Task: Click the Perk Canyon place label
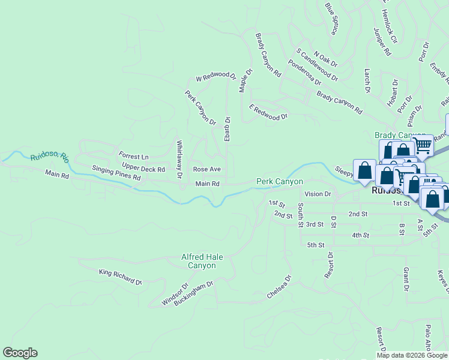coord(279,181)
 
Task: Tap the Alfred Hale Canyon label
coord(202,261)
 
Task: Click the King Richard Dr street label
coord(121,277)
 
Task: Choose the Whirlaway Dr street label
coord(179,160)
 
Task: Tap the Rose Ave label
coord(206,169)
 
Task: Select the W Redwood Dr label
coord(216,76)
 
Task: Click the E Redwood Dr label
coord(268,112)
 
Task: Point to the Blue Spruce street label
coord(331,18)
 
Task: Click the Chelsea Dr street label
coord(279,287)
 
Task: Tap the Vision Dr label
coord(318,194)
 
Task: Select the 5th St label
coord(315,245)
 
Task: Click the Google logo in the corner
coord(20,353)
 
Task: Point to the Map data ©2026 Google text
coord(412,355)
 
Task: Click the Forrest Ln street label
coord(133,156)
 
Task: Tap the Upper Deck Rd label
coord(143,166)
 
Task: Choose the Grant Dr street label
coord(406,280)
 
